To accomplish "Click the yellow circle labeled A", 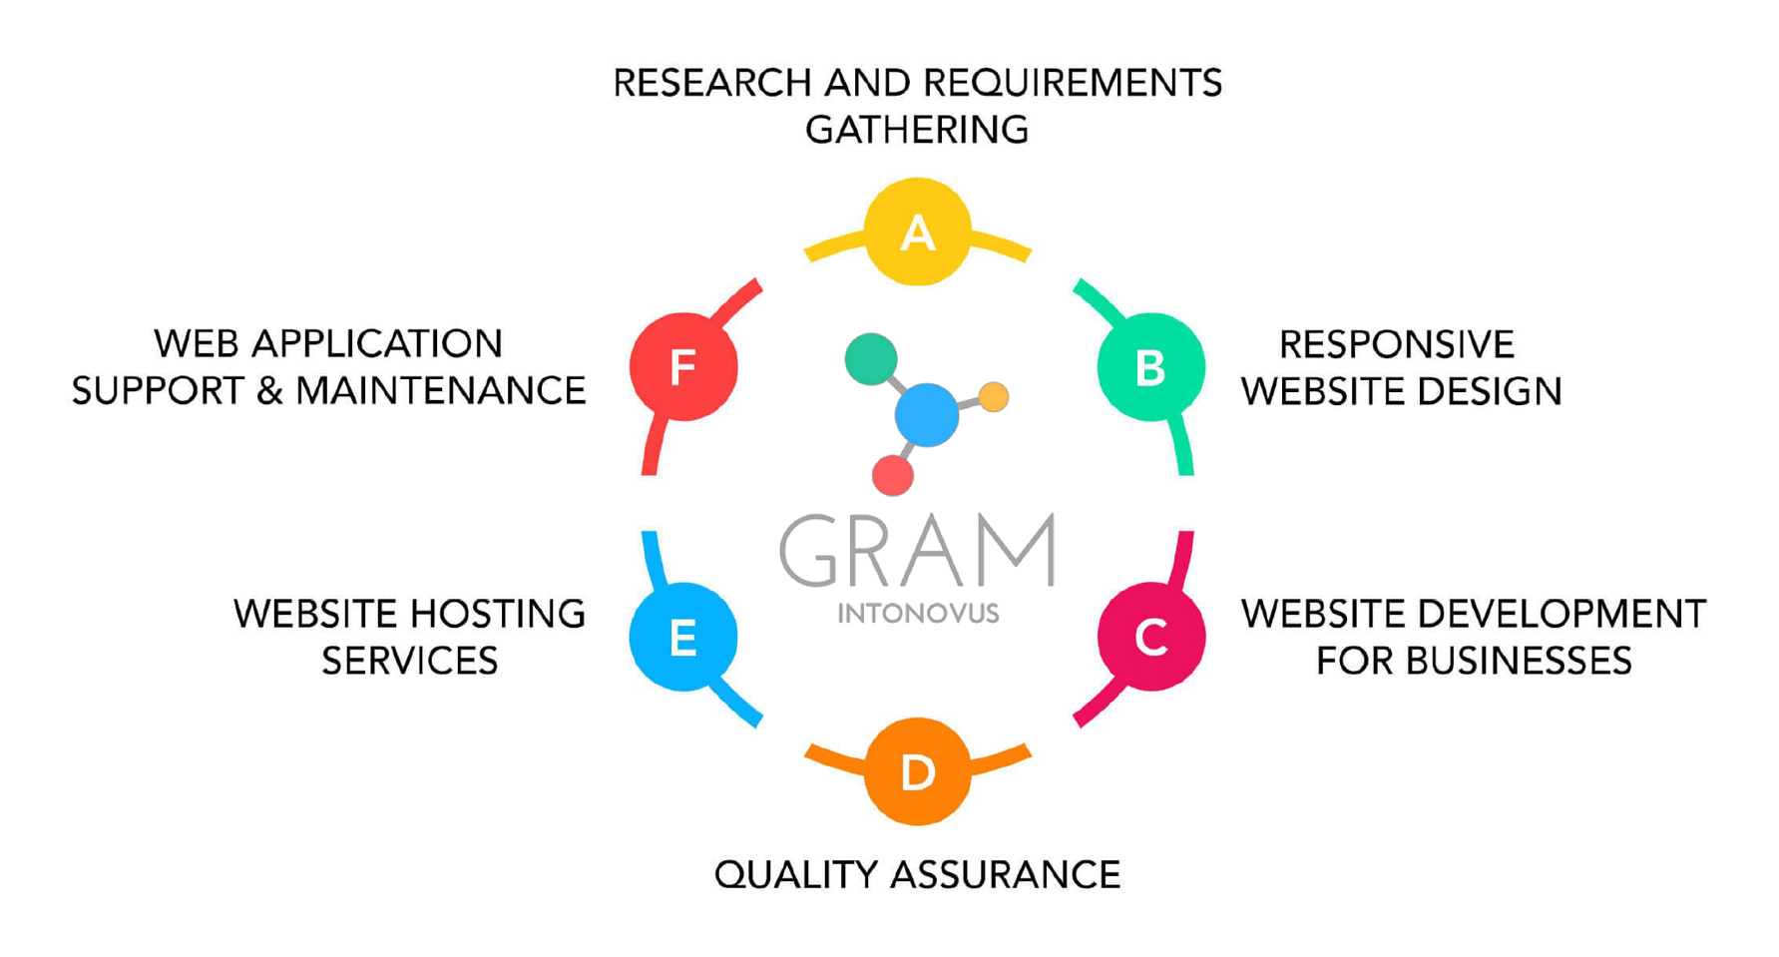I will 917,233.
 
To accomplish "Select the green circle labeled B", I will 1150,367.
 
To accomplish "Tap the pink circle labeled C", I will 1150,637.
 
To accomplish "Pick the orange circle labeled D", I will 917,771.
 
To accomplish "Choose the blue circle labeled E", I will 683,637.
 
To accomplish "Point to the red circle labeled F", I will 683,366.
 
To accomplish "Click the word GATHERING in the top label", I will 917,130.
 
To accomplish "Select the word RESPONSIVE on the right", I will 1396,345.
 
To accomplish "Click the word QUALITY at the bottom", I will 795,875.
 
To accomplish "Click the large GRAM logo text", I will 917,551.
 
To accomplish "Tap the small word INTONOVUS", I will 918,613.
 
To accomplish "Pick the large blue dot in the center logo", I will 926,414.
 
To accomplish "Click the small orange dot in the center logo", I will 993,396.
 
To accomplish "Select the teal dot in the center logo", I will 870,359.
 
